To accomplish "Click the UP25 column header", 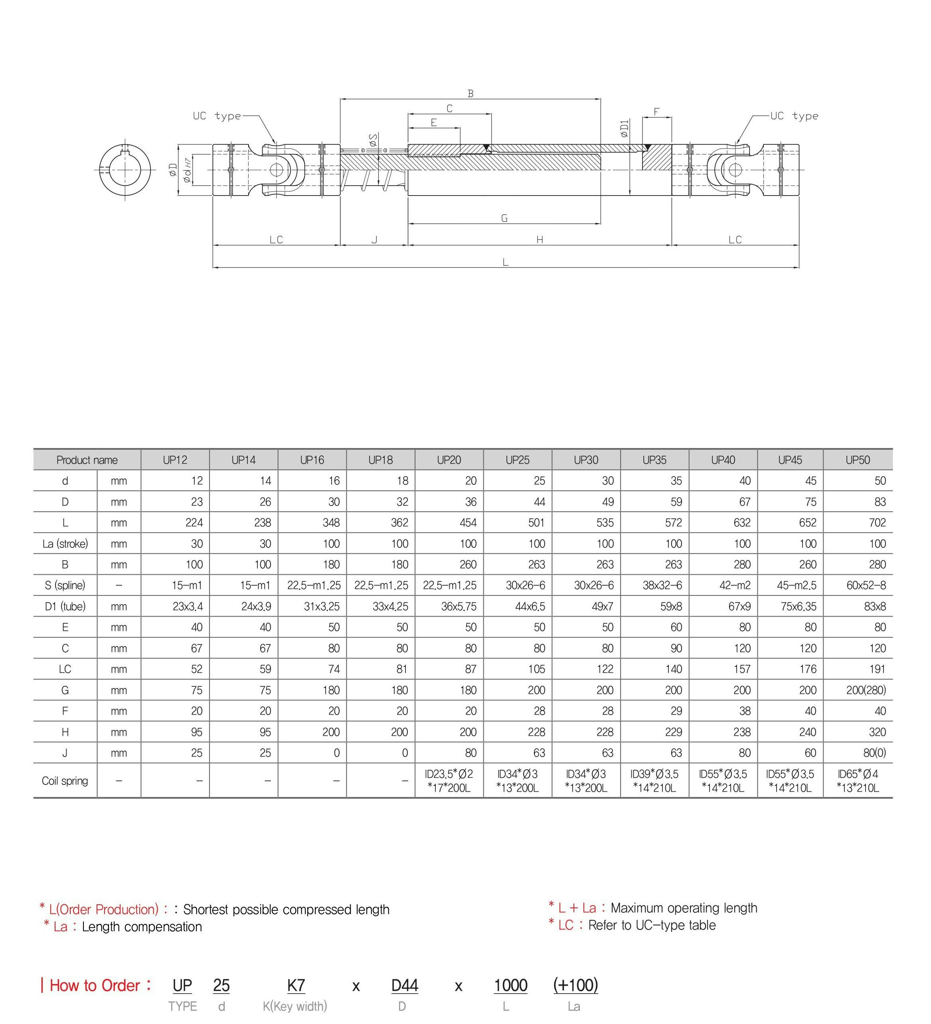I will [517, 460].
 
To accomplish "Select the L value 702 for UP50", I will [877, 523].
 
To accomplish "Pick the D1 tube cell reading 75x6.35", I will [799, 607].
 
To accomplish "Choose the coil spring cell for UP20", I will [449, 781].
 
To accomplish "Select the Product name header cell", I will [87, 460].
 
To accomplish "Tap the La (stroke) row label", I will [65, 544].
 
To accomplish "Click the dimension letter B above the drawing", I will [470, 94].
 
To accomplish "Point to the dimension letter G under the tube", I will [504, 218].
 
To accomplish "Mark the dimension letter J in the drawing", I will [374, 240].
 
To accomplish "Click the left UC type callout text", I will [217, 116].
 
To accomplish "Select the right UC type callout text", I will [794, 116].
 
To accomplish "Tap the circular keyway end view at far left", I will [125, 170].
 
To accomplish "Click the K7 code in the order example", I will [296, 985].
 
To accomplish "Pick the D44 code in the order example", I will [404, 985].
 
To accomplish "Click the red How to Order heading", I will [95, 985].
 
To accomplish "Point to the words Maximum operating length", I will [684, 908].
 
